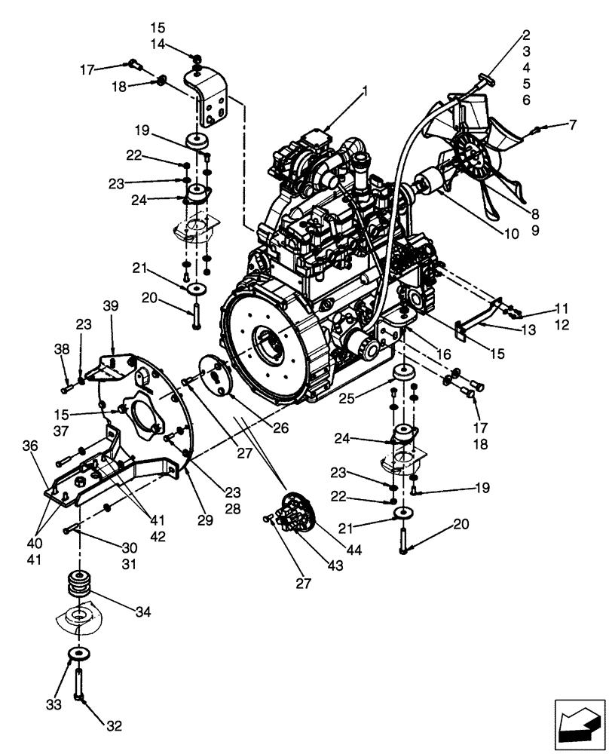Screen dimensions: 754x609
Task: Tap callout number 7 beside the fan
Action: pos(572,123)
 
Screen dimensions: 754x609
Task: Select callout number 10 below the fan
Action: pos(512,234)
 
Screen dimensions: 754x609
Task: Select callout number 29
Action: pos(206,520)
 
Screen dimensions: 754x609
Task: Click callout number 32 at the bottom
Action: pos(113,727)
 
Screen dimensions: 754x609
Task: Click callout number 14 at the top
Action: pos(158,45)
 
